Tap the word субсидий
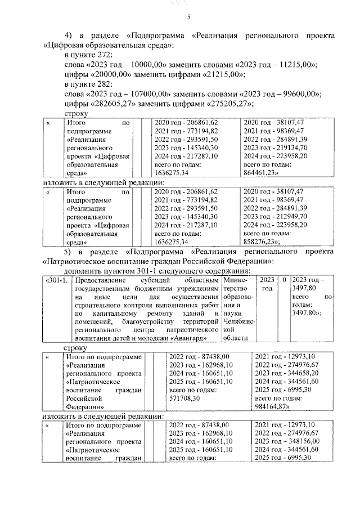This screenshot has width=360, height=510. (143, 279)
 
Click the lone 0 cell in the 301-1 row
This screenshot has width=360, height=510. (285, 279)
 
